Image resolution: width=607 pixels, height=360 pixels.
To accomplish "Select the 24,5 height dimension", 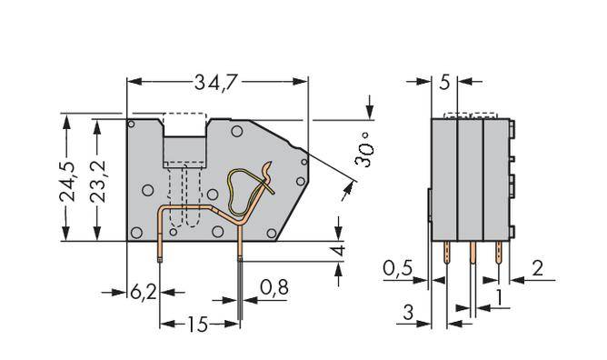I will click(x=66, y=177).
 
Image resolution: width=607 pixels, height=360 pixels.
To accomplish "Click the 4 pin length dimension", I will click(x=338, y=249).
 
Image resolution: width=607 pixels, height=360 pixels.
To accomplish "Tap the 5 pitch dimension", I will click(x=443, y=83).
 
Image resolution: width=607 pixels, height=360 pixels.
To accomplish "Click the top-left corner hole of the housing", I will click(x=133, y=124).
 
